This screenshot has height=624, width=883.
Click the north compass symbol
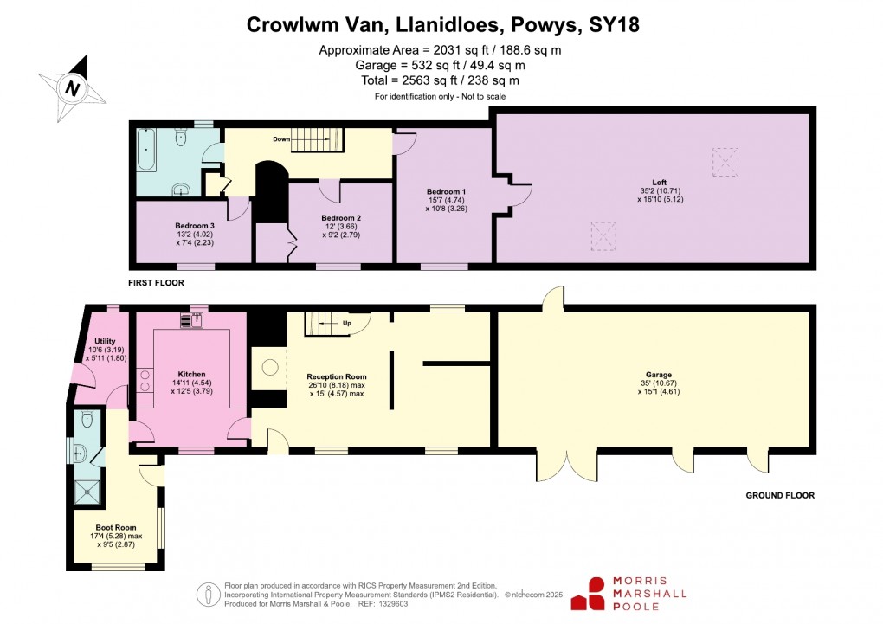73,87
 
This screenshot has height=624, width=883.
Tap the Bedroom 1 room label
446,191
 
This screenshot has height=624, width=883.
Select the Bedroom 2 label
340,217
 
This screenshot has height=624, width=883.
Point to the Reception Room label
337,377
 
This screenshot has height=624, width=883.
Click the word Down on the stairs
281,138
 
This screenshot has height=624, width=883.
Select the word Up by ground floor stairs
347,324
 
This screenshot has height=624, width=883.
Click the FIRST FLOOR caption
156,282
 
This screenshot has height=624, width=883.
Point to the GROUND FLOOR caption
780,496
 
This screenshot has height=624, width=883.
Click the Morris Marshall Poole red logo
595,593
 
